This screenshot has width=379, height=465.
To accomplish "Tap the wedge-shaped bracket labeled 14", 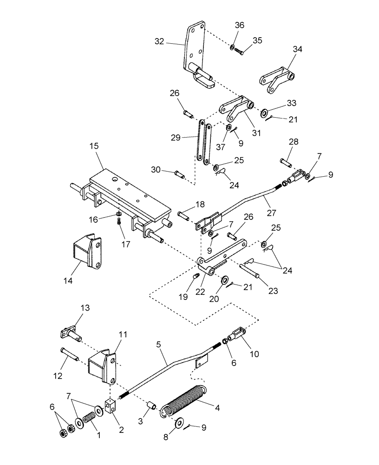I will pyautogui.click(x=86, y=252).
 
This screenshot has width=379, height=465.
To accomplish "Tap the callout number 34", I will pyautogui.click(x=297, y=49).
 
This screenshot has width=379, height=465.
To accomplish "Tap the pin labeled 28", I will pyautogui.click(x=286, y=163).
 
